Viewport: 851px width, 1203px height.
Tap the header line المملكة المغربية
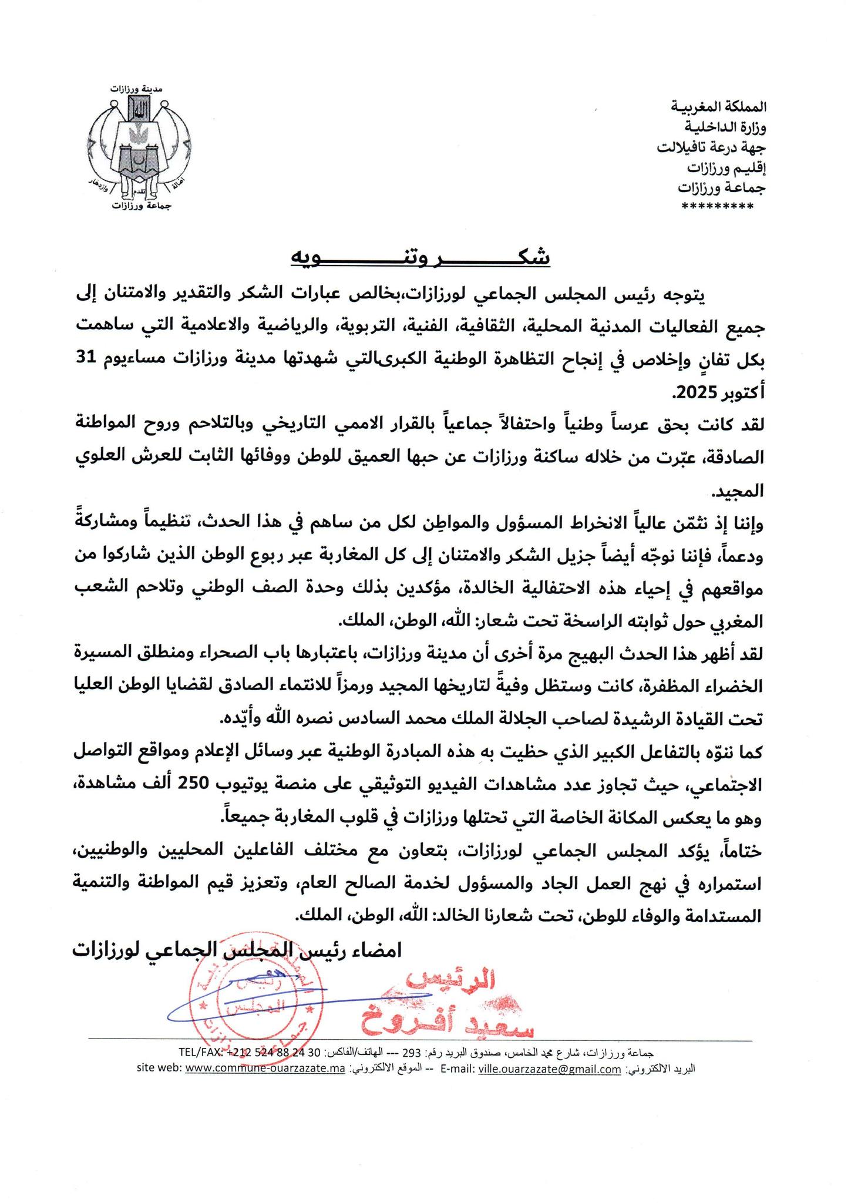[x=719, y=107]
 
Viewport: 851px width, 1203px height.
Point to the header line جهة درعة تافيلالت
[x=711, y=147]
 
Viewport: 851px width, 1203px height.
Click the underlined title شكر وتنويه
[x=421, y=257]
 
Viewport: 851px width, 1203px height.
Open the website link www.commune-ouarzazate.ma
[x=264, y=1070]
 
